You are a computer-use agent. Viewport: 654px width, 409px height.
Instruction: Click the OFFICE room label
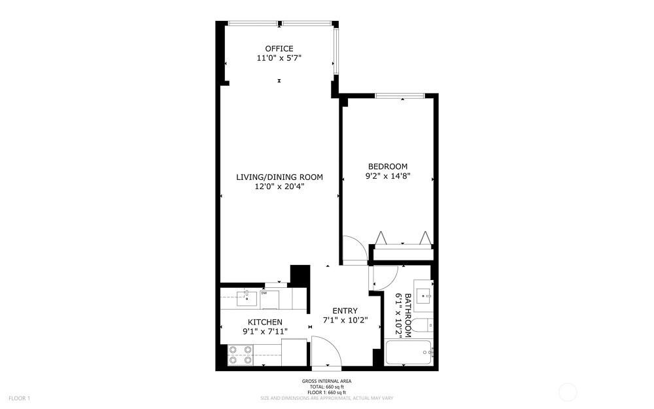[x=279, y=49]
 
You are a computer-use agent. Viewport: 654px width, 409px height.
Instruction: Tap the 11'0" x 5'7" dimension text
[x=279, y=58]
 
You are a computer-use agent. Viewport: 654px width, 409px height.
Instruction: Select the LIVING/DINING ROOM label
[x=279, y=177]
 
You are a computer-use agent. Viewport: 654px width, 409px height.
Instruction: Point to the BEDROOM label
[x=388, y=166]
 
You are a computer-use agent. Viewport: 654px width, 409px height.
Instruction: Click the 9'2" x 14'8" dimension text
[x=388, y=175]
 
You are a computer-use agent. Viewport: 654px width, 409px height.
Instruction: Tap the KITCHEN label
[x=265, y=322]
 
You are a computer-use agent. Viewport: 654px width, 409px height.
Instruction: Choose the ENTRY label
[x=345, y=311]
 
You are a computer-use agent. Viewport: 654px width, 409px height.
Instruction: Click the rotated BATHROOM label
[x=408, y=315]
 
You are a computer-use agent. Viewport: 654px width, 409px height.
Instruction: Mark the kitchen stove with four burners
[x=240, y=355]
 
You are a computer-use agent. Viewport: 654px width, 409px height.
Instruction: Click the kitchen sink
[x=247, y=298]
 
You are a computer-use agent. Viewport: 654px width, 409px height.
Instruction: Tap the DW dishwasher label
[x=264, y=293]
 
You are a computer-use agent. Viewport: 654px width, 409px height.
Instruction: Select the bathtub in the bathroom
[x=409, y=353]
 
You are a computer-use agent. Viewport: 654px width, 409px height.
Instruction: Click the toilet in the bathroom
[x=425, y=325]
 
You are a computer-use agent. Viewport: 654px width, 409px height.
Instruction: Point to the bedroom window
[x=400, y=96]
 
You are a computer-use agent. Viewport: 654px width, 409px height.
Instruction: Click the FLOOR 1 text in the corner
[x=19, y=399]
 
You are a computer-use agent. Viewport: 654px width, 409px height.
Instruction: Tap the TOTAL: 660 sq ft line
[x=326, y=387]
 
